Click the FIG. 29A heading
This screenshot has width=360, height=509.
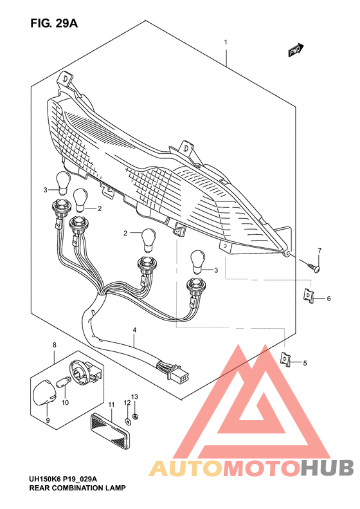(53, 24)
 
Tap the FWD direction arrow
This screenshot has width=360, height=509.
(296, 50)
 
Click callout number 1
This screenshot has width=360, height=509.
(226, 43)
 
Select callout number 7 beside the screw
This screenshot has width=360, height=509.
(318, 250)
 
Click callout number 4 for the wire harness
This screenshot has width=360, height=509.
(135, 330)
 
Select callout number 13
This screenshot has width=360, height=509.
(135, 396)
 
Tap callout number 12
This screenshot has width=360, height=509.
(127, 402)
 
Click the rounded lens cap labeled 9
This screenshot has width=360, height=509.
(44, 392)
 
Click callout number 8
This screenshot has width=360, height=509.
(54, 346)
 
